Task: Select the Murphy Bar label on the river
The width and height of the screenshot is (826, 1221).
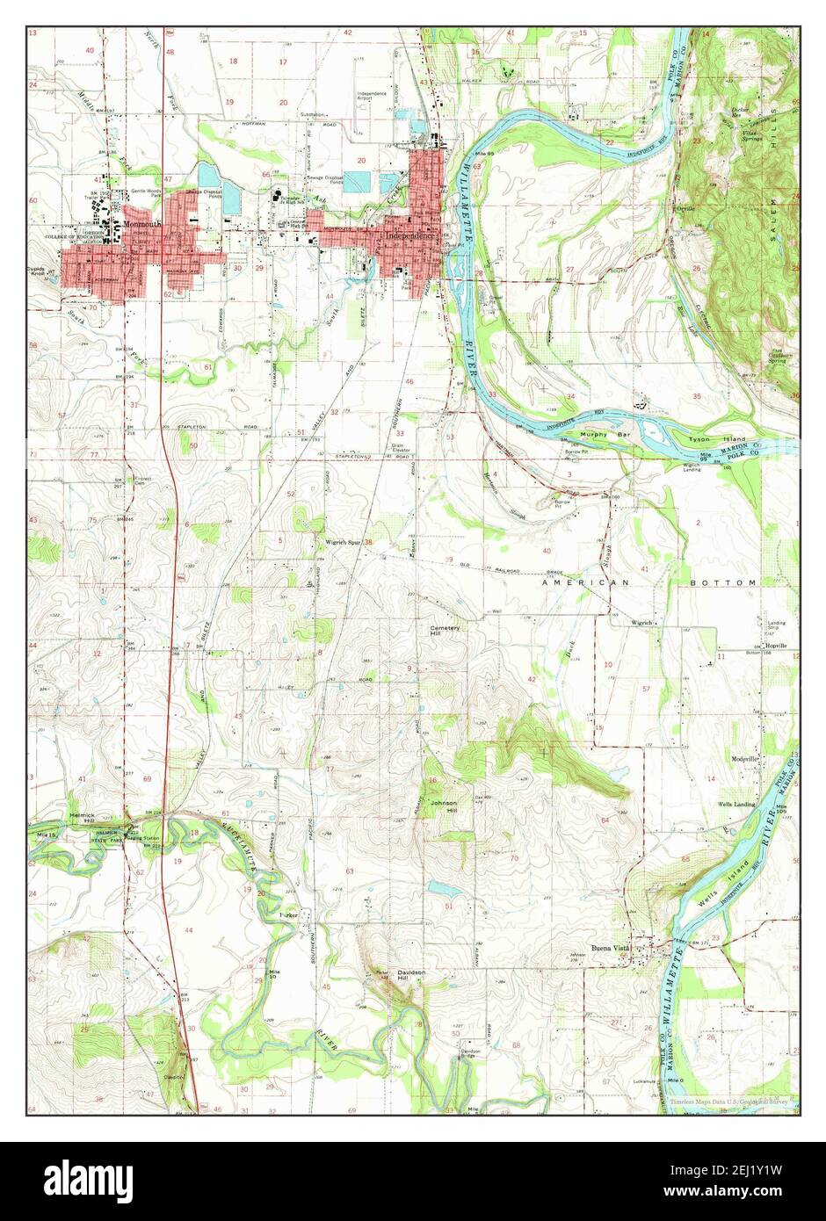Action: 601,434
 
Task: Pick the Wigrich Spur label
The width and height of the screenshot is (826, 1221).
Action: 343,542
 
